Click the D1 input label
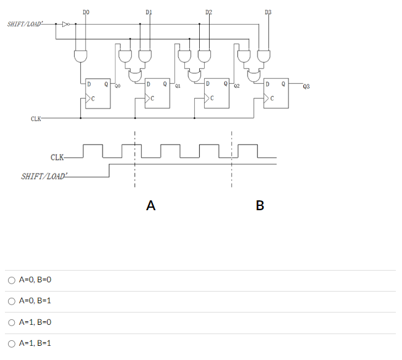(149, 12)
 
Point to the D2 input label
(208, 12)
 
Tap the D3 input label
(268, 12)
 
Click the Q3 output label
(306, 87)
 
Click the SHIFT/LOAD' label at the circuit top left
(25, 25)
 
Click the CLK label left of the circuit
(36, 118)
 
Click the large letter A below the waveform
(150, 206)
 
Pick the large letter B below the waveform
(259, 206)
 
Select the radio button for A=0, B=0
(11, 280)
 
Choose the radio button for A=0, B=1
(11, 301)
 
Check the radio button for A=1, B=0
(11, 322)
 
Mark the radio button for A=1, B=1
(11, 343)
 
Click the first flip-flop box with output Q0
(97, 93)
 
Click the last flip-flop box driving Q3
(276, 93)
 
